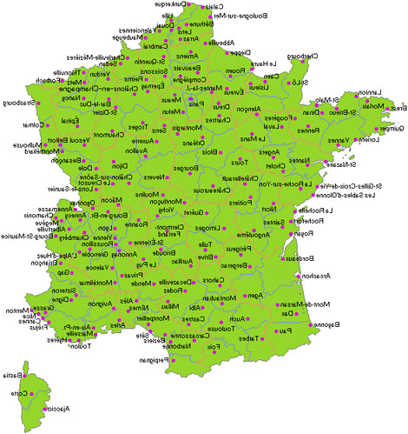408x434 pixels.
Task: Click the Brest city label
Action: pos(398,107)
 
